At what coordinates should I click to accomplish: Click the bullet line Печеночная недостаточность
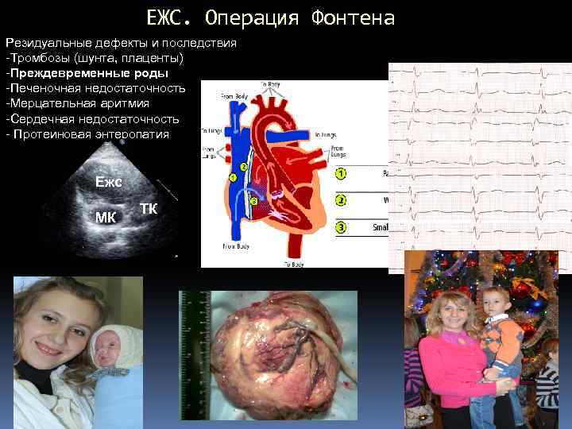(95, 88)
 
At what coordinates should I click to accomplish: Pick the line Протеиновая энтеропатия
(89, 133)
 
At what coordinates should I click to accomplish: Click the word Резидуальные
(45, 43)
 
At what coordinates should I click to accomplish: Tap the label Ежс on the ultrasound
(108, 181)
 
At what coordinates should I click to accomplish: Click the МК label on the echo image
(106, 217)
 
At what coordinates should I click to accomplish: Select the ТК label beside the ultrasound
(148, 208)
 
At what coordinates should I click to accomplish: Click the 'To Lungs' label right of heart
(325, 135)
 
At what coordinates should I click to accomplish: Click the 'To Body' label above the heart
(270, 83)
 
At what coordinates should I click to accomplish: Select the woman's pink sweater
(453, 365)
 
